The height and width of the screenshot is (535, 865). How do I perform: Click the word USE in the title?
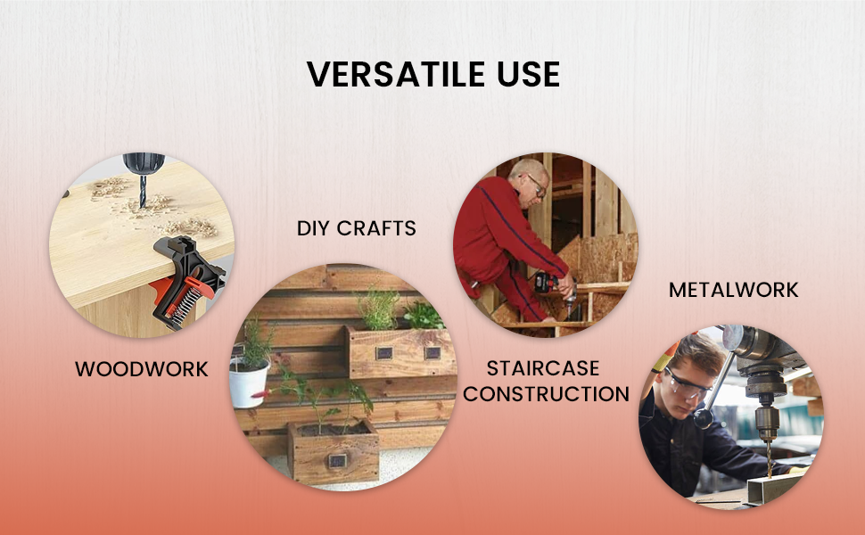529,74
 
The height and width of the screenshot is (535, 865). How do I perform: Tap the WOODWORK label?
142,369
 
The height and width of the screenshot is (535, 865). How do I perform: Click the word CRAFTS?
376,228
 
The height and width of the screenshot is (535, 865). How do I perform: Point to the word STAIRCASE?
543,368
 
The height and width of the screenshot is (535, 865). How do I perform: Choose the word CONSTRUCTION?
546,394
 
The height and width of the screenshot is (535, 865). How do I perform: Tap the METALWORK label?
734,290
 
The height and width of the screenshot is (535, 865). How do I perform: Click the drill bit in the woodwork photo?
143,191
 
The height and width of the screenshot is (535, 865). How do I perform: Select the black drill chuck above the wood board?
144,163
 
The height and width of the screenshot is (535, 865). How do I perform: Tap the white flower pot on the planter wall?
249,383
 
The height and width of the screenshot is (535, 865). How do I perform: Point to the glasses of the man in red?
536,185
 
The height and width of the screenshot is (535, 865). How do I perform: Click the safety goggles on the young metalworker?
686,385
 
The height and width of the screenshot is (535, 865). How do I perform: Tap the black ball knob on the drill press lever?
703,417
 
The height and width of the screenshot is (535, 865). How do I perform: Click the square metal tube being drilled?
775,488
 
